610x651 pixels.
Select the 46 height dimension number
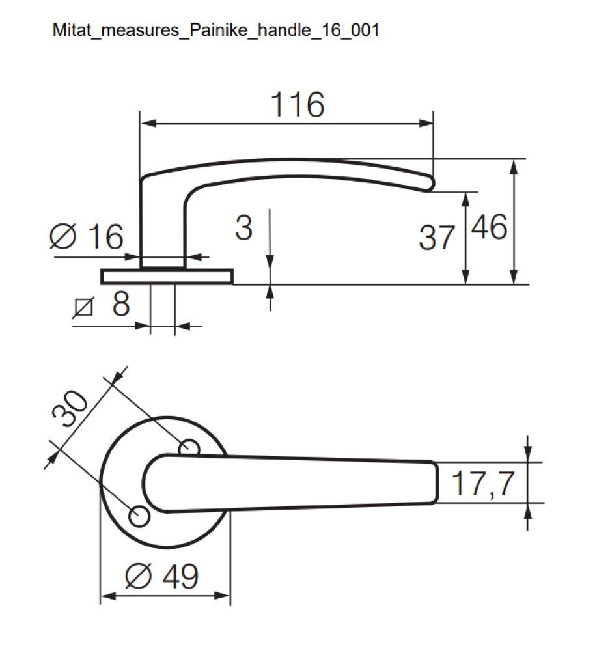pos(488,228)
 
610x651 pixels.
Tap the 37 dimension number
pos(436,238)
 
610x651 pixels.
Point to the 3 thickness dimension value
pos(243,228)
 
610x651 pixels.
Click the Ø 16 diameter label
pos(87,236)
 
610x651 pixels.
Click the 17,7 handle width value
pos(483,484)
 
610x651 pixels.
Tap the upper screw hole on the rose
pos(189,447)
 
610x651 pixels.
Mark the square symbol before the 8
pos(83,305)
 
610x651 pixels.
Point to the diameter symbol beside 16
pos(64,237)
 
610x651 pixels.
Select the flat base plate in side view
pos(167,277)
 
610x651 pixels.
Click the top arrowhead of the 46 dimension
pos(514,165)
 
